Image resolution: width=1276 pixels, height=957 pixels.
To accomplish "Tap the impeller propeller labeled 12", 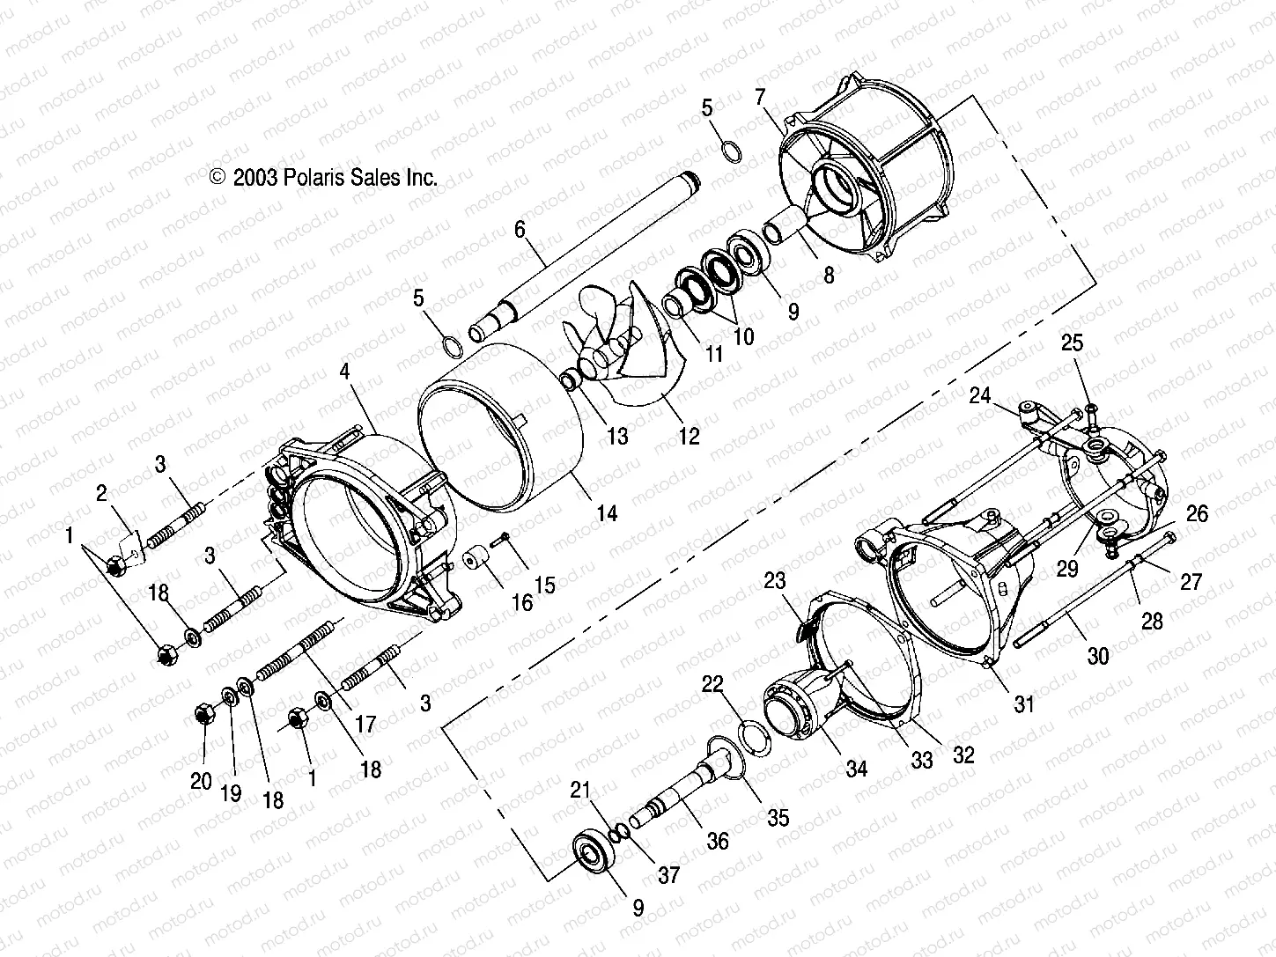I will coord(616,352).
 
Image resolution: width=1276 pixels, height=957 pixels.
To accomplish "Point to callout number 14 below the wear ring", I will coord(608,512).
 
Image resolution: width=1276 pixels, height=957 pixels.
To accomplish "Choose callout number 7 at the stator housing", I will coord(761,97).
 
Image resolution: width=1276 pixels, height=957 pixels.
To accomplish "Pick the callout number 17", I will coord(365,725).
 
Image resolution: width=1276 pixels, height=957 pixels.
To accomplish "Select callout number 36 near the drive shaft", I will coord(718,841).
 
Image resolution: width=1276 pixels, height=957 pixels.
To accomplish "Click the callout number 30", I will coord(1098,656).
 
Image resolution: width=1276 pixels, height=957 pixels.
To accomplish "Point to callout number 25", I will coord(1072,343).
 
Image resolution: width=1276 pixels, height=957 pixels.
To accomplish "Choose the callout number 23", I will coord(774,582).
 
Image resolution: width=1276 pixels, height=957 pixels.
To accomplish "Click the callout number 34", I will coord(856,769).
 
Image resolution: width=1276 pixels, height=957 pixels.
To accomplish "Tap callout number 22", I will coord(712,685).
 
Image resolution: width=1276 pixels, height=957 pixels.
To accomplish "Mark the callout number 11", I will coord(713,354).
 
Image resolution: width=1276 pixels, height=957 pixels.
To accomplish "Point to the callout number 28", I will coord(1152,621).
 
